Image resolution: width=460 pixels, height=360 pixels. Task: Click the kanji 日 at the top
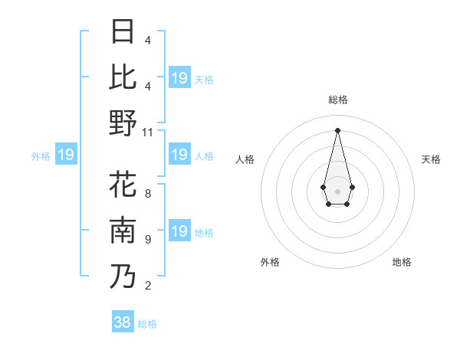tap(123, 32)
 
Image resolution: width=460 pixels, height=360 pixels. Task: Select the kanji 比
tap(123, 77)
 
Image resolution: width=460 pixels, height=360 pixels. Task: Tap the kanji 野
tap(123, 123)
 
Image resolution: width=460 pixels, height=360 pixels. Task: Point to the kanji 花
tap(123, 185)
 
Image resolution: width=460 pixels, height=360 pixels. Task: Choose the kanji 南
tap(123, 231)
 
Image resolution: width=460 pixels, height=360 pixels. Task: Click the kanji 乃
tap(123, 277)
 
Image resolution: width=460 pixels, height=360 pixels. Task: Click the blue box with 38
tap(123, 322)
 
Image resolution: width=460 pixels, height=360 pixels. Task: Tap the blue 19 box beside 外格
tap(66, 155)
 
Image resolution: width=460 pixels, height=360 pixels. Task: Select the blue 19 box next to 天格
tap(179, 78)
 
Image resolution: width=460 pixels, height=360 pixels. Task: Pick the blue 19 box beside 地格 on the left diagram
tap(179, 231)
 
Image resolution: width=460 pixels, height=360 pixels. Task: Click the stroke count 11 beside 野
tap(149, 132)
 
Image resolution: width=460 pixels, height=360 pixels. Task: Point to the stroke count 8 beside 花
tap(148, 194)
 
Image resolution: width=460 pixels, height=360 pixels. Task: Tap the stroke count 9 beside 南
tap(148, 240)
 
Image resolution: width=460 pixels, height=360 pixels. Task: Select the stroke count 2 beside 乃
tap(148, 286)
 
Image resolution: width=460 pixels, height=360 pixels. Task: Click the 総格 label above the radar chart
tap(338, 100)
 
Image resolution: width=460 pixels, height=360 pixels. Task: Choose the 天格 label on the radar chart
tap(431, 159)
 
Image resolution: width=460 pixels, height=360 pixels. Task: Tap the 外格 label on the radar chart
tap(270, 262)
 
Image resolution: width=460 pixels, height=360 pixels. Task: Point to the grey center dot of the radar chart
tap(338, 190)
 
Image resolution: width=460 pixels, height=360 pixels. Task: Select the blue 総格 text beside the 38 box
tap(147, 324)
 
